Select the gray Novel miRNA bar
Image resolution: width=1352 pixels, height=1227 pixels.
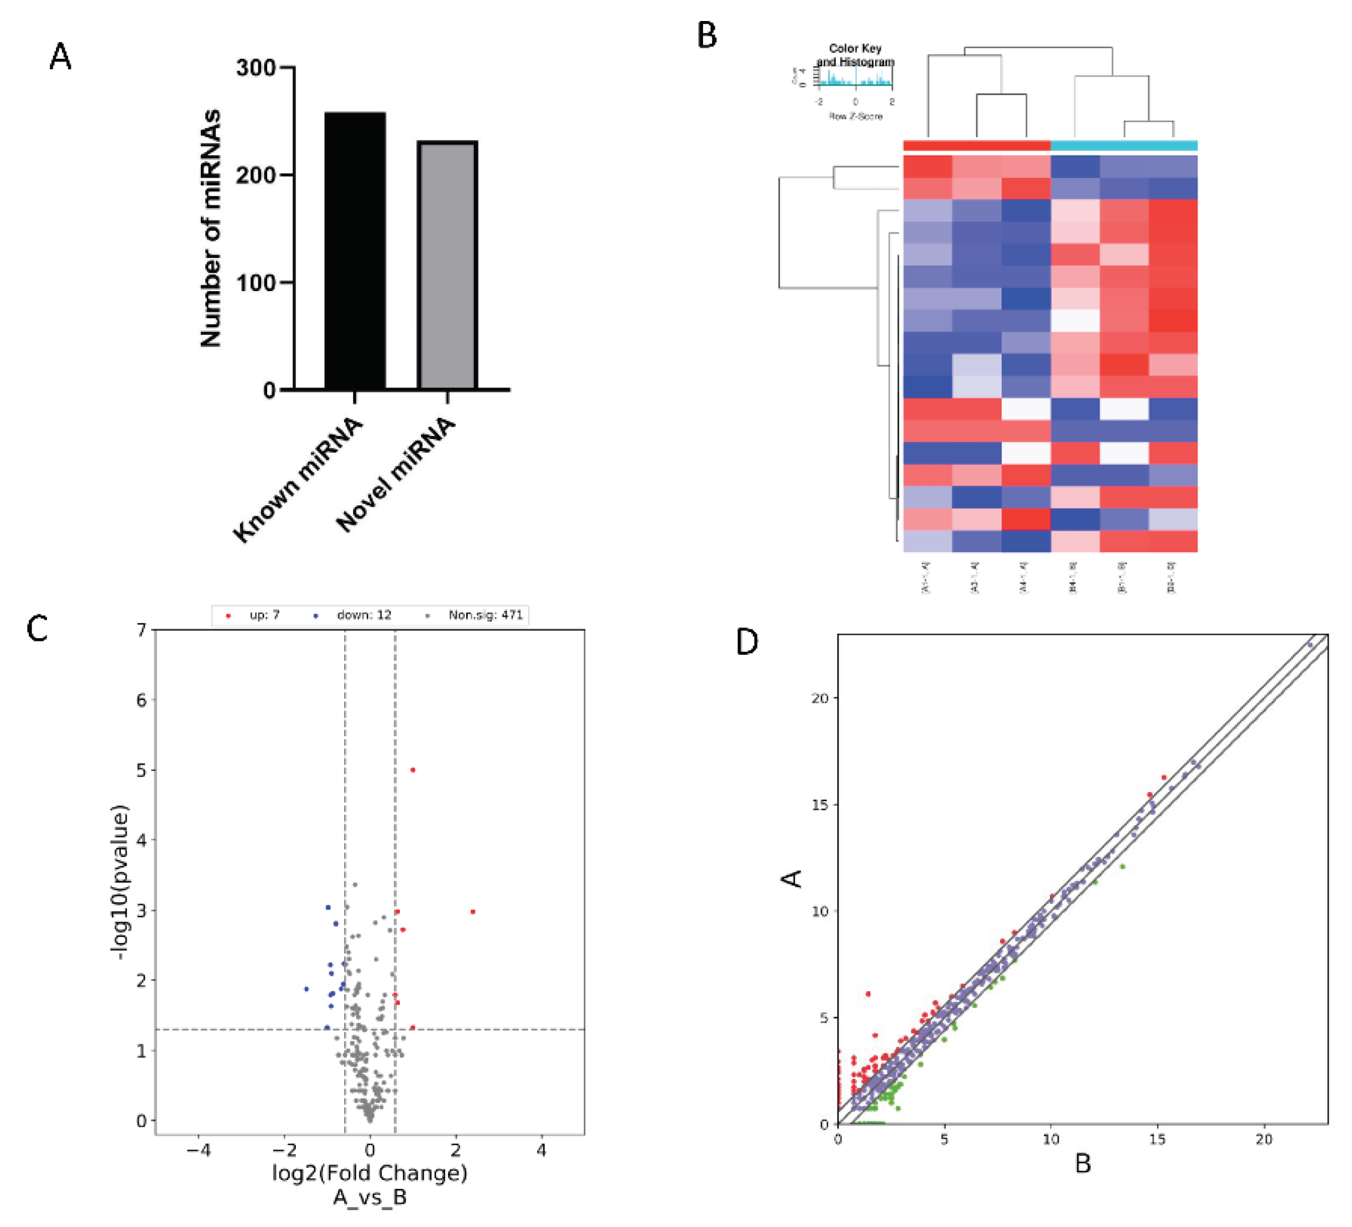[x=448, y=265]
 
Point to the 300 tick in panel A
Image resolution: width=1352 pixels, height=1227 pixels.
[x=256, y=68]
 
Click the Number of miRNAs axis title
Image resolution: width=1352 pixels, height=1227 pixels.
[x=211, y=228]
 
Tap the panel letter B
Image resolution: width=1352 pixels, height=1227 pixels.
[x=707, y=35]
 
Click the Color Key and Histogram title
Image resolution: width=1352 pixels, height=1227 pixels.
[x=855, y=55]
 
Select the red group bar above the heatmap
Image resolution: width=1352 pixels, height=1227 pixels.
[x=976, y=146]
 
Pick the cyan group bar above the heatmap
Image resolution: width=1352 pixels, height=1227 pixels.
[x=1124, y=146]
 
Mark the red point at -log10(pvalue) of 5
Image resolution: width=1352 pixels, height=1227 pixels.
[x=413, y=769]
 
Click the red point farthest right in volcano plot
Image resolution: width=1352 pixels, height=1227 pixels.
[x=473, y=912]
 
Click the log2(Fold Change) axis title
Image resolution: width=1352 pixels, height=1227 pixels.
[x=370, y=1172]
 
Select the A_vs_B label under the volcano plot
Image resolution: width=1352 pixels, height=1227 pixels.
[x=370, y=1196]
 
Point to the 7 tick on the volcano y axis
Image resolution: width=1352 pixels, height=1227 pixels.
[x=142, y=629]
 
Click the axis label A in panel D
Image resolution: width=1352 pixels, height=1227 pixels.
[x=793, y=878]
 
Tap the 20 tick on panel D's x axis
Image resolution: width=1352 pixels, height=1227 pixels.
[x=1263, y=1139]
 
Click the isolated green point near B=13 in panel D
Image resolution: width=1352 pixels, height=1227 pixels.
[x=1122, y=867]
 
